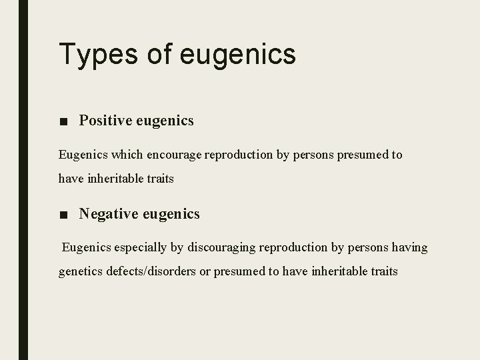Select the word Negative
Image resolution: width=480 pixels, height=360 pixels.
107,214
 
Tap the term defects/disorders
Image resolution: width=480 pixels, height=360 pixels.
157,271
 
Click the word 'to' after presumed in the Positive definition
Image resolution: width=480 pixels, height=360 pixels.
397,155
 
